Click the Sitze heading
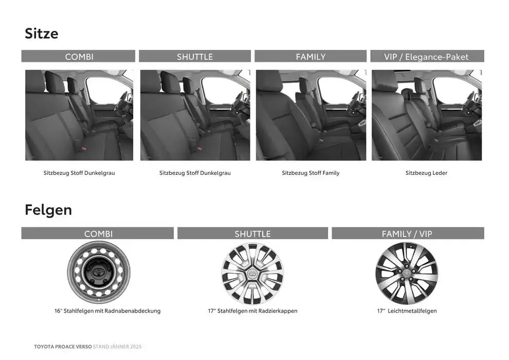42,33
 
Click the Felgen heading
48,210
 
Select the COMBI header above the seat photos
79,57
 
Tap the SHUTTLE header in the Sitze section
195,57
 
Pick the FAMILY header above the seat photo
311,57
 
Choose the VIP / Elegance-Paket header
426,57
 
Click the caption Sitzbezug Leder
426,173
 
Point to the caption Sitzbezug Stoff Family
311,173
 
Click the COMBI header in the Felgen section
98,234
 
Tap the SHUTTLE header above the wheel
252,234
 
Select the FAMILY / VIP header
407,234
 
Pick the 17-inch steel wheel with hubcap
252,274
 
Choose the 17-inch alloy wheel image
407,274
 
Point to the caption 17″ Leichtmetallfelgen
407,311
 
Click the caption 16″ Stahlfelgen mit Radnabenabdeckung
107,311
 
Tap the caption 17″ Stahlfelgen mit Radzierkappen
252,311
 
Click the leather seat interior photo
427,115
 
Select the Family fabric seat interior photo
311,115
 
